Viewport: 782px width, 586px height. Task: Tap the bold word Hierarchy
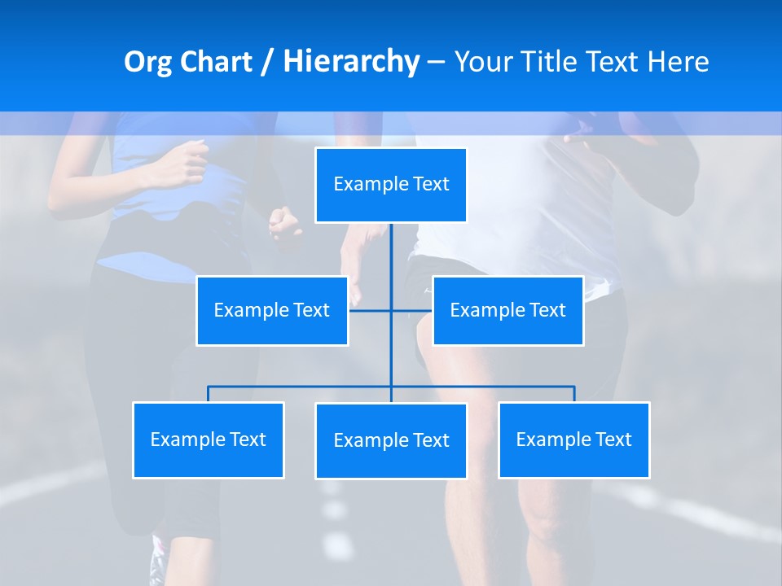coord(351,62)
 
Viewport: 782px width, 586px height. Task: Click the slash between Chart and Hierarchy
coord(266,63)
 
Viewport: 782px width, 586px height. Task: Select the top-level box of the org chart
coord(391,185)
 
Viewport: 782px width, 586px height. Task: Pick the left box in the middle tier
coord(272,311)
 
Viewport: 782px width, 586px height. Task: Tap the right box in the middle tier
coord(507,311)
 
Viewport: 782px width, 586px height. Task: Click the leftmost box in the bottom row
coord(208,440)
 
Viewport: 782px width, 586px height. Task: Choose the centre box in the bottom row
coord(391,441)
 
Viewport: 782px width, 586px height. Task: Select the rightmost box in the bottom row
coord(573,440)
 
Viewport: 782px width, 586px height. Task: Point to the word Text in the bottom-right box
coord(613,440)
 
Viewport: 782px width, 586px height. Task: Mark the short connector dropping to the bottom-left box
coord(208,394)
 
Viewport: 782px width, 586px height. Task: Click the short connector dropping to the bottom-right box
coord(574,394)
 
